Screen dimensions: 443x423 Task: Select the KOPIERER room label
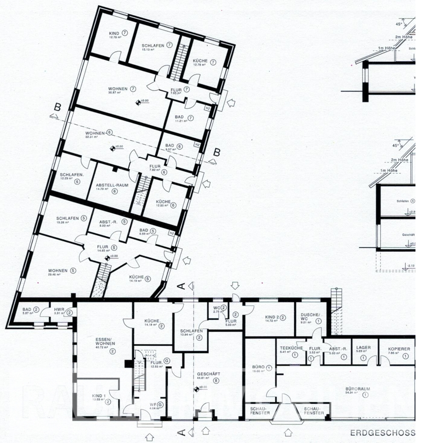[x=399, y=349]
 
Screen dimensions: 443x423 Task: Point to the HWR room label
[x=59, y=309]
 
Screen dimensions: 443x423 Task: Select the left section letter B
[x=56, y=107]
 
